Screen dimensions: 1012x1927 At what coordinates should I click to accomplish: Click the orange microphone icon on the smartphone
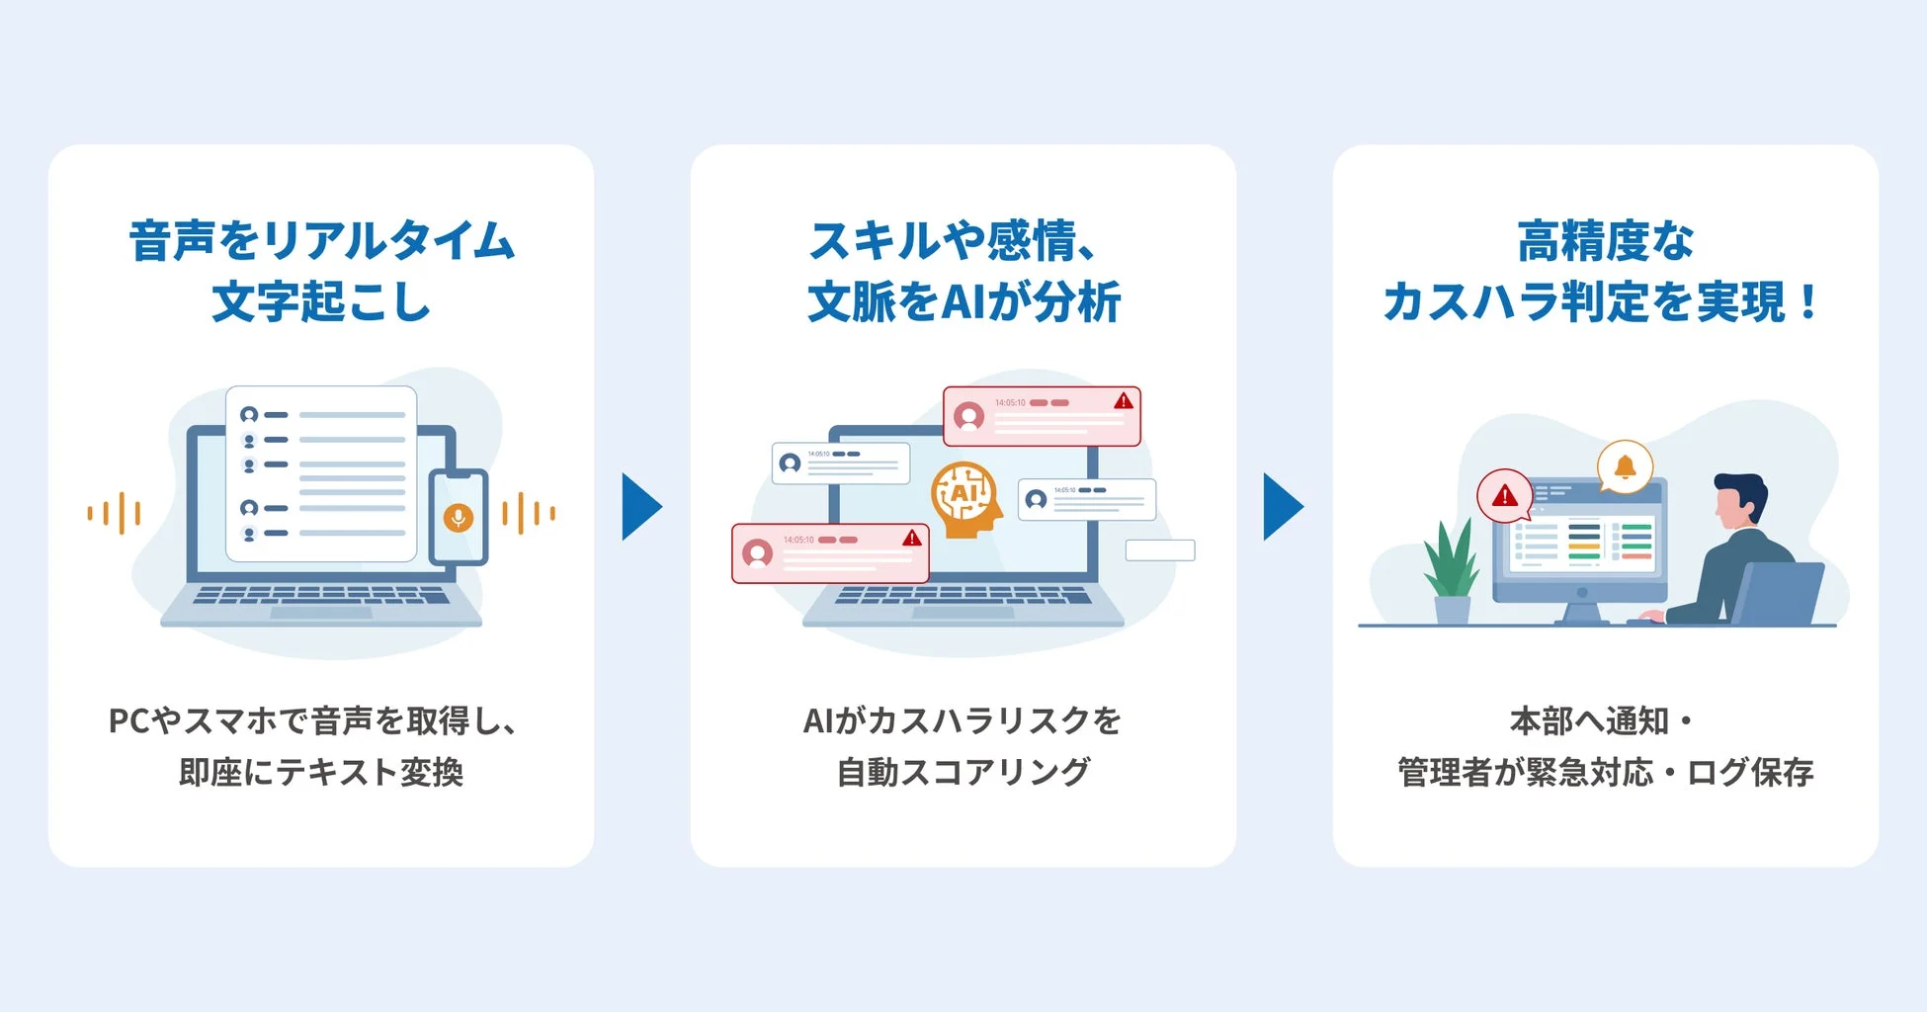coord(458,517)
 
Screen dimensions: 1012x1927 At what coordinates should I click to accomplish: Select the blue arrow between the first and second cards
coord(641,507)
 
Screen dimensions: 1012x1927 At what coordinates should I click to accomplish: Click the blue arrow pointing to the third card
coord(1283,507)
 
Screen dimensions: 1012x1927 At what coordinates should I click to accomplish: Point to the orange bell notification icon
coord(1625,466)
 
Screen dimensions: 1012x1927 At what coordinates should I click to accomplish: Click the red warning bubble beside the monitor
coord(1504,495)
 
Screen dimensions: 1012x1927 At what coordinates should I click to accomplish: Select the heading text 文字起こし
coord(321,301)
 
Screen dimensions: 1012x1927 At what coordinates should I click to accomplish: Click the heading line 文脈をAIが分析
coord(963,301)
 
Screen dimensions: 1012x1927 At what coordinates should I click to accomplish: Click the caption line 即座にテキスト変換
coord(321,772)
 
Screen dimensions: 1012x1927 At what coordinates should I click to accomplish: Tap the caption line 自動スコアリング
coord(963,772)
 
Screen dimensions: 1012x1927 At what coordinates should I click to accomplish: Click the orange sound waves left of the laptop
coord(115,513)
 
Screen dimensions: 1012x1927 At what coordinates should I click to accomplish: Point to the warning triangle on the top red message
coord(1124,401)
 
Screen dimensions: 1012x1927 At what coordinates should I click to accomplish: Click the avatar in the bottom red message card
coord(758,552)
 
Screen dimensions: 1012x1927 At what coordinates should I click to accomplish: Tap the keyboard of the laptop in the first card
coord(321,596)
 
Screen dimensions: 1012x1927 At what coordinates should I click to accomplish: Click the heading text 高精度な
coord(1605,242)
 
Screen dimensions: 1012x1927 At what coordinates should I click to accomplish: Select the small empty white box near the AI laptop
coord(1160,550)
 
